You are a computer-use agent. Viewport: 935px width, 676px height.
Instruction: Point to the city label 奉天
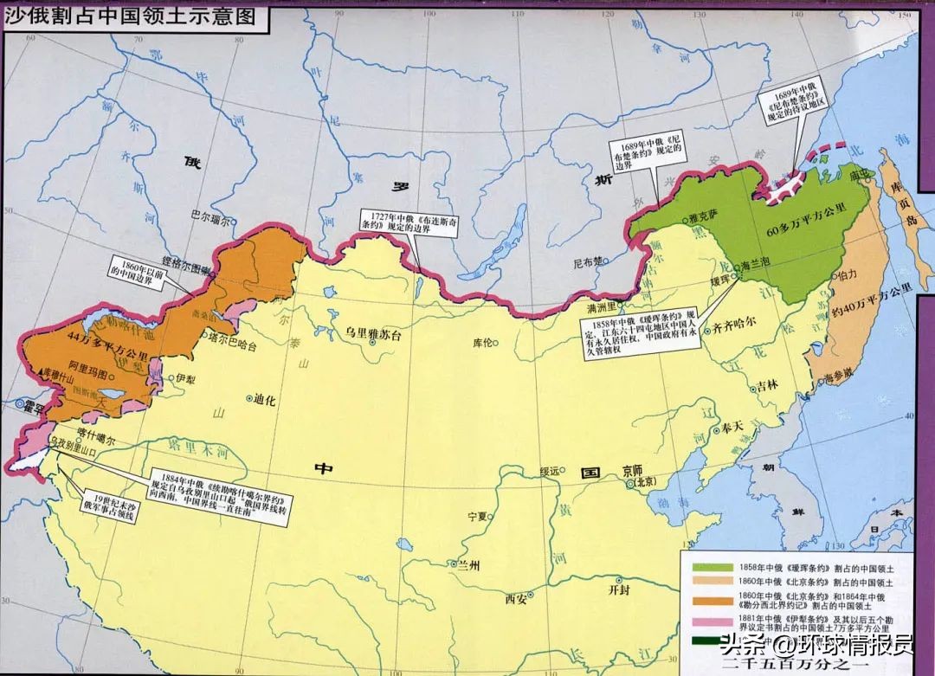tap(732, 428)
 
